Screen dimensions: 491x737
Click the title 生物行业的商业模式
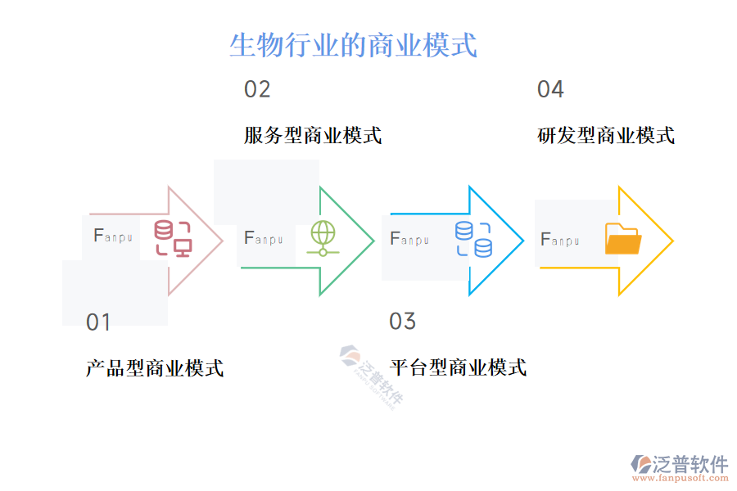click(x=353, y=45)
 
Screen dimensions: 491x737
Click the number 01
click(x=98, y=322)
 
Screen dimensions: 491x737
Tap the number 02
click(x=257, y=89)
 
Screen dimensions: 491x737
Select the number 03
click(x=402, y=322)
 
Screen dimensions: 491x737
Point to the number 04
click(x=550, y=89)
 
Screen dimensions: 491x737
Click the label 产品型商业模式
click(x=155, y=368)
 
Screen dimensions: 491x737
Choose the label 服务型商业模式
click(x=313, y=135)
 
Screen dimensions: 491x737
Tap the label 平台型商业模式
click(x=458, y=367)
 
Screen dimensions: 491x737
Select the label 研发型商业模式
click(x=606, y=135)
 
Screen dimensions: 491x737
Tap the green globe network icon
click(x=323, y=238)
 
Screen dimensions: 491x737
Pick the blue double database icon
click(x=473, y=239)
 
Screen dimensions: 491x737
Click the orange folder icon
click(x=623, y=239)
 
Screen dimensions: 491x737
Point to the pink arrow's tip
click(x=222, y=241)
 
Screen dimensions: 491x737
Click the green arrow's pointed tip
click(x=373, y=241)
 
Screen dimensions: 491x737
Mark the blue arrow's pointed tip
click(x=523, y=241)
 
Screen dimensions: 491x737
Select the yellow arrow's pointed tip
click(x=672, y=241)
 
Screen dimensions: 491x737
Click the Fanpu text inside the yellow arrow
click(x=560, y=240)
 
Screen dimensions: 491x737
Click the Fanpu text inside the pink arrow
click(x=113, y=236)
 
